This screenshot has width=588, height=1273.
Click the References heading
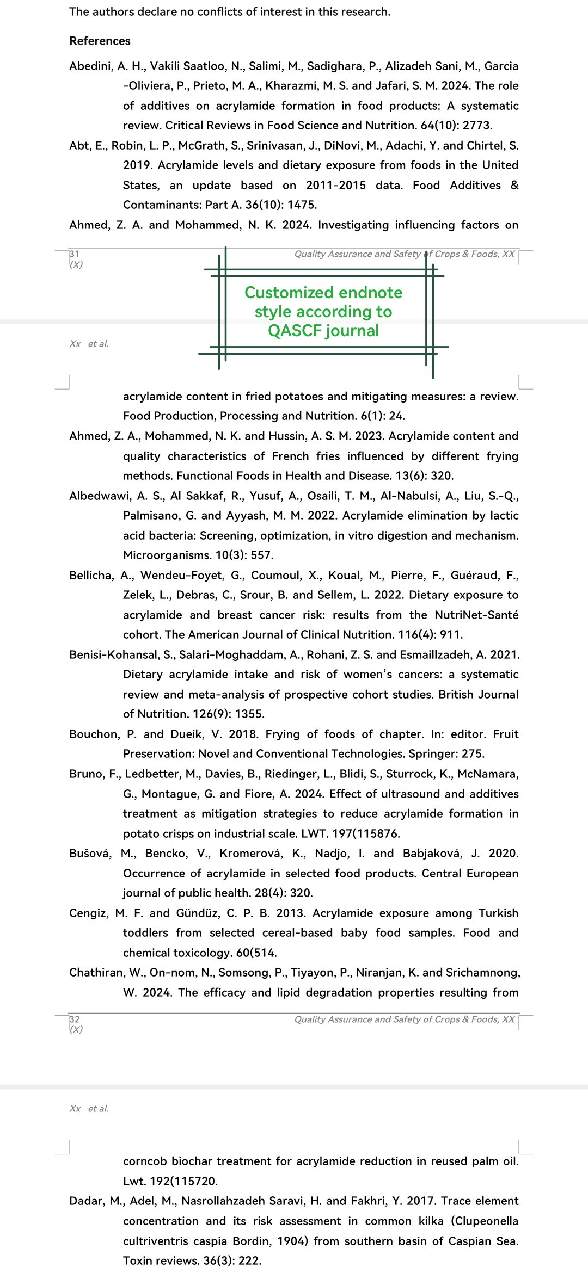(100, 41)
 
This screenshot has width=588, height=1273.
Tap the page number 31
(74, 254)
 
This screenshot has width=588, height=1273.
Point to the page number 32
(74, 1019)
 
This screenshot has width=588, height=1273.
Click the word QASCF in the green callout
(292, 331)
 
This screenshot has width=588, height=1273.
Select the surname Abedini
(90, 66)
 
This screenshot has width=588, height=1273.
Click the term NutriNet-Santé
(476, 615)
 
